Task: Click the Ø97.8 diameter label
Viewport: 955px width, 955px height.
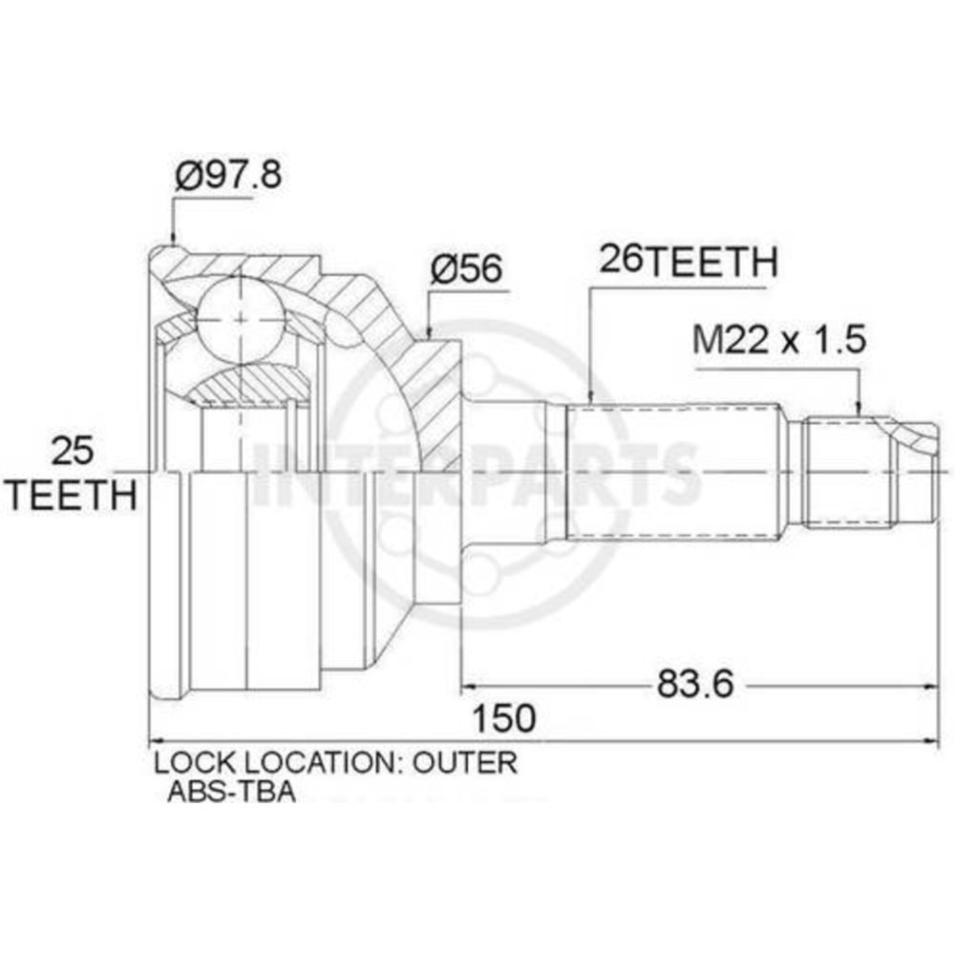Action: pyautogui.click(x=228, y=176)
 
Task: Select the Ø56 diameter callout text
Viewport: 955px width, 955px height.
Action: pyautogui.click(x=467, y=268)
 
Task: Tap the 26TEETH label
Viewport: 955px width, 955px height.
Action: pyautogui.click(x=689, y=261)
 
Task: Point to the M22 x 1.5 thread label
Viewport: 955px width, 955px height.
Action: pyautogui.click(x=779, y=339)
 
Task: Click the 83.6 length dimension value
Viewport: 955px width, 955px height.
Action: pyautogui.click(x=695, y=685)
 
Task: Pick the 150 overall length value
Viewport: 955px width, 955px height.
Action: pyautogui.click(x=504, y=718)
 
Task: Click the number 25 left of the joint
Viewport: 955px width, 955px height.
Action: pyautogui.click(x=72, y=452)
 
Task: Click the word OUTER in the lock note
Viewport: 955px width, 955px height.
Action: pyautogui.click(x=465, y=762)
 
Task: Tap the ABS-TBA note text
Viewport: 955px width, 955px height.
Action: pyautogui.click(x=231, y=791)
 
